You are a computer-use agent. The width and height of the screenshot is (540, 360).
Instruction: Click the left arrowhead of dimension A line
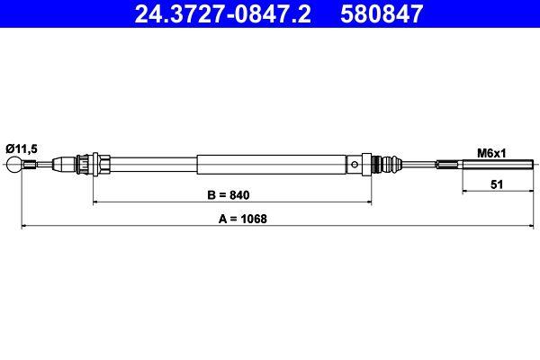(24, 226)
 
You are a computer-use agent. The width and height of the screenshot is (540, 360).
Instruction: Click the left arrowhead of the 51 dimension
(464, 190)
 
